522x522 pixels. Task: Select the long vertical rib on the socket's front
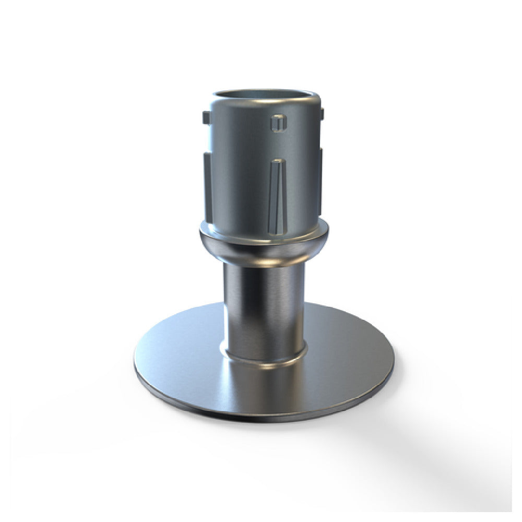277,196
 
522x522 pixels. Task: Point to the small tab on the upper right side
322,113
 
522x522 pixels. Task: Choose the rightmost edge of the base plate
392,360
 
